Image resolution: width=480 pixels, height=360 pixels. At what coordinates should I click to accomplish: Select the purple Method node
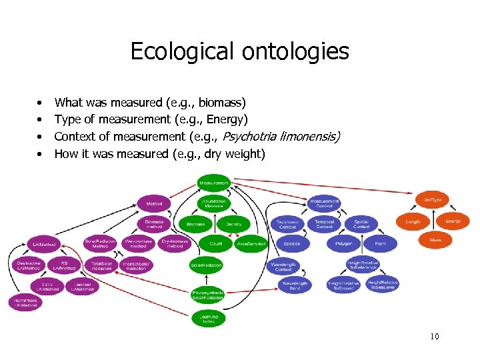point(154,203)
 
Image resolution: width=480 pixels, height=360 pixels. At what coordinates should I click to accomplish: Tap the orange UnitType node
point(433,199)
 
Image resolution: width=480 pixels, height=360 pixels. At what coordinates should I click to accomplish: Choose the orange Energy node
point(453,221)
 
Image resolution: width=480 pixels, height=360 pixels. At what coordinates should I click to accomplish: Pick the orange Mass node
point(435,240)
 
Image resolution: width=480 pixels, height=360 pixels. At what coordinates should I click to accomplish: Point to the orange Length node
point(413,222)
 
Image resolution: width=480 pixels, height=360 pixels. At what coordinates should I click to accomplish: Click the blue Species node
point(291,244)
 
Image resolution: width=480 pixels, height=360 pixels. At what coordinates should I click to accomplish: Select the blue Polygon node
point(343,244)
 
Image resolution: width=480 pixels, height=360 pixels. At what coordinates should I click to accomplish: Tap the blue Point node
point(380,244)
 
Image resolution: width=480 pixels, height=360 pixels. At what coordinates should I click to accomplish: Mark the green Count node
point(216,244)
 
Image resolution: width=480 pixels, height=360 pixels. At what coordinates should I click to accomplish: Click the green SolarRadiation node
point(207,265)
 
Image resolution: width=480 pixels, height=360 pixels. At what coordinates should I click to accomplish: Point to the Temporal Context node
point(325,224)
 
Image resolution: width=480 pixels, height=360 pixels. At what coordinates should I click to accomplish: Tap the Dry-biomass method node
point(175,244)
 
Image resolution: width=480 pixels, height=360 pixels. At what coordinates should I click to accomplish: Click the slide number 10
point(435,337)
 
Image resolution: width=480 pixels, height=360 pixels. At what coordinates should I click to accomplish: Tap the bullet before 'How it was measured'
point(40,155)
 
